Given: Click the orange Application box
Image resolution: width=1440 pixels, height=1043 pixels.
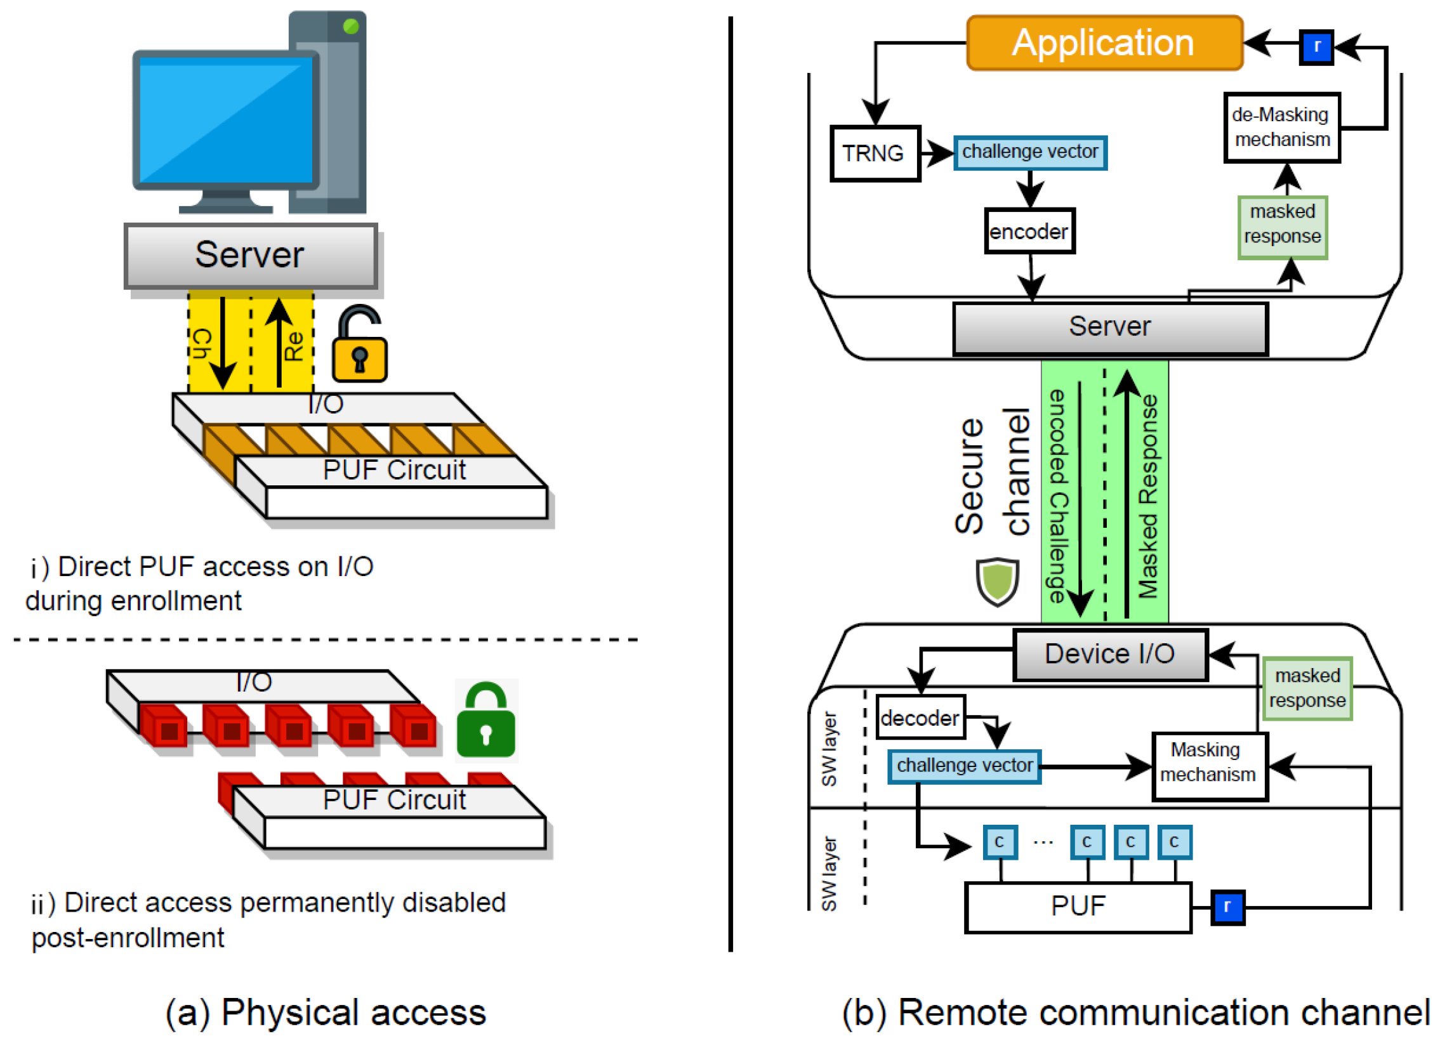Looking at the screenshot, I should click(1104, 43).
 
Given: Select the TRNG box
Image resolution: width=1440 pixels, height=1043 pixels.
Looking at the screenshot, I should click(875, 154).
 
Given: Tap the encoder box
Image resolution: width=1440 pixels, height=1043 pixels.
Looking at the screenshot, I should click(1029, 231).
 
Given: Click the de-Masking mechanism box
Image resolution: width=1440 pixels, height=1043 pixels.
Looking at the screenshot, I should click(1281, 128).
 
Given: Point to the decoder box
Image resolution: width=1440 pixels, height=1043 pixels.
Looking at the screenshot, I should click(920, 718).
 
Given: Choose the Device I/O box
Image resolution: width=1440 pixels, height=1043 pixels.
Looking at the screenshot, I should click(1110, 655).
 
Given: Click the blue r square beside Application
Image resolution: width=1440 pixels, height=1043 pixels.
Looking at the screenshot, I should click(1316, 47).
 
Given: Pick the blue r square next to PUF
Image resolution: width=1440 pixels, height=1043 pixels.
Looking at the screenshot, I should click(1227, 907).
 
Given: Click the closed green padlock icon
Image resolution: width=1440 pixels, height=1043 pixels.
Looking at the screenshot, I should click(486, 721).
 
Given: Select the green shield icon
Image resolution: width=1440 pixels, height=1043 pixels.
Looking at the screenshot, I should click(997, 581).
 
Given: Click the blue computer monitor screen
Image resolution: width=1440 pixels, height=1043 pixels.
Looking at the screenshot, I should click(225, 121).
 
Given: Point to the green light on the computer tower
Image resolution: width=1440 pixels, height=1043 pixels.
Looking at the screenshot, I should click(350, 27).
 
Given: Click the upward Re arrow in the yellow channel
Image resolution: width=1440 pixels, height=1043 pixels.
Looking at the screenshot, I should click(279, 343).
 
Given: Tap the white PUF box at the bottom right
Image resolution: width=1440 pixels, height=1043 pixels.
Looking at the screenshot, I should click(1078, 907).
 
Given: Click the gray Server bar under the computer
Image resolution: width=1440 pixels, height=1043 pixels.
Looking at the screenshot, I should click(251, 255).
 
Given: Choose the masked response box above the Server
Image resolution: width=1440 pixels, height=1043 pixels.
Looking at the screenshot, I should click(1282, 227).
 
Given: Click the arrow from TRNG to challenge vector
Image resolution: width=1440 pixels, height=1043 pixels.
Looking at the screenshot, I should click(937, 153).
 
